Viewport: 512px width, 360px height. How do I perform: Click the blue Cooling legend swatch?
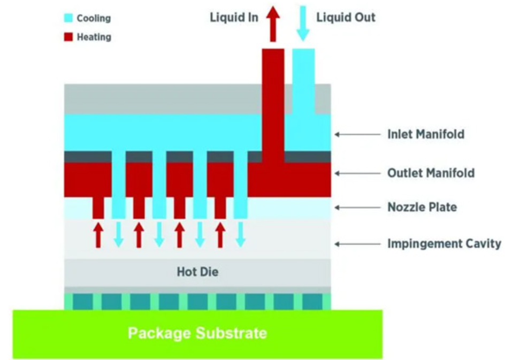point(68,18)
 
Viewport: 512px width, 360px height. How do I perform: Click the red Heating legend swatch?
point(68,37)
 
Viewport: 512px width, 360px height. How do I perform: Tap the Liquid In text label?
point(234,17)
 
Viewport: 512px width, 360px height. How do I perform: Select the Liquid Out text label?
point(346,17)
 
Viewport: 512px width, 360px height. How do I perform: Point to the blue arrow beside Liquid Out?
point(303,22)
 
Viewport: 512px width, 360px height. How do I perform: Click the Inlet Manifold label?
point(425,134)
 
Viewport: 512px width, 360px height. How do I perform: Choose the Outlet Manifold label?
point(431,173)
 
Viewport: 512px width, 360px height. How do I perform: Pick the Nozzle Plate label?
point(422,207)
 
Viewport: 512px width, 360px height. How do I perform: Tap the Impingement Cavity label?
point(444,244)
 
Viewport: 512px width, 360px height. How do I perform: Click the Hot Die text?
point(197,272)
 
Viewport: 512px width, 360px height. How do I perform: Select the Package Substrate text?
point(197,334)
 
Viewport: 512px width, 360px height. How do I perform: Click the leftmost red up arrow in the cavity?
point(98,235)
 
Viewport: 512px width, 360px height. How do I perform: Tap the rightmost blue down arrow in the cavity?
point(240,235)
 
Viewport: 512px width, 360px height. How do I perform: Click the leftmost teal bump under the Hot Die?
point(82,301)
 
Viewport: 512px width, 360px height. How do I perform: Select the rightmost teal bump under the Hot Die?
point(312,301)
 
